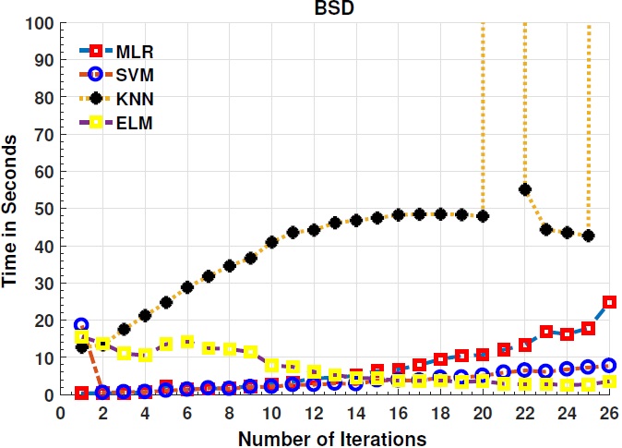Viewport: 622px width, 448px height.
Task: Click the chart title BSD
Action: [x=334, y=9]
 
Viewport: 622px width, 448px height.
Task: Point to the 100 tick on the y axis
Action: [x=35, y=22]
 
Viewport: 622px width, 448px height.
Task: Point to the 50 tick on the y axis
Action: [x=39, y=209]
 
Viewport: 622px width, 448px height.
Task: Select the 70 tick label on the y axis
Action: [x=39, y=134]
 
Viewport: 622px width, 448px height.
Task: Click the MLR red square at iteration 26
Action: [x=609, y=302]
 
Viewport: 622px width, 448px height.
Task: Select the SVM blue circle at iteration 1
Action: [x=81, y=324]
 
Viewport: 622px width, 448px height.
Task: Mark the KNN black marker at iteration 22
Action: [x=525, y=189]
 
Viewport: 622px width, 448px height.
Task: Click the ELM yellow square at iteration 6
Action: [x=187, y=342]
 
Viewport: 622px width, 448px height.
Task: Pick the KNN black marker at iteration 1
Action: [x=81, y=346]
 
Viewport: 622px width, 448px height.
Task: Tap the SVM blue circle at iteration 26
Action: [x=609, y=365]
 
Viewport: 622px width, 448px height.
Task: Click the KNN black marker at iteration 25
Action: [x=588, y=236]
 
